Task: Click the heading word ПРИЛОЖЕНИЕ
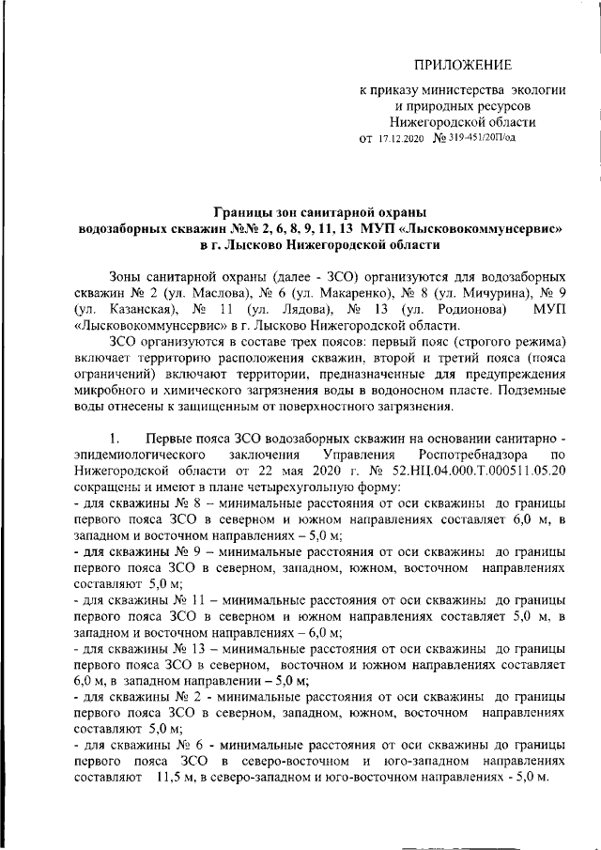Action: pyautogui.click(x=464, y=64)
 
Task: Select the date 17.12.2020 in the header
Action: pyautogui.click(x=402, y=138)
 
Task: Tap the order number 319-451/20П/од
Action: pyautogui.click(x=482, y=138)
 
